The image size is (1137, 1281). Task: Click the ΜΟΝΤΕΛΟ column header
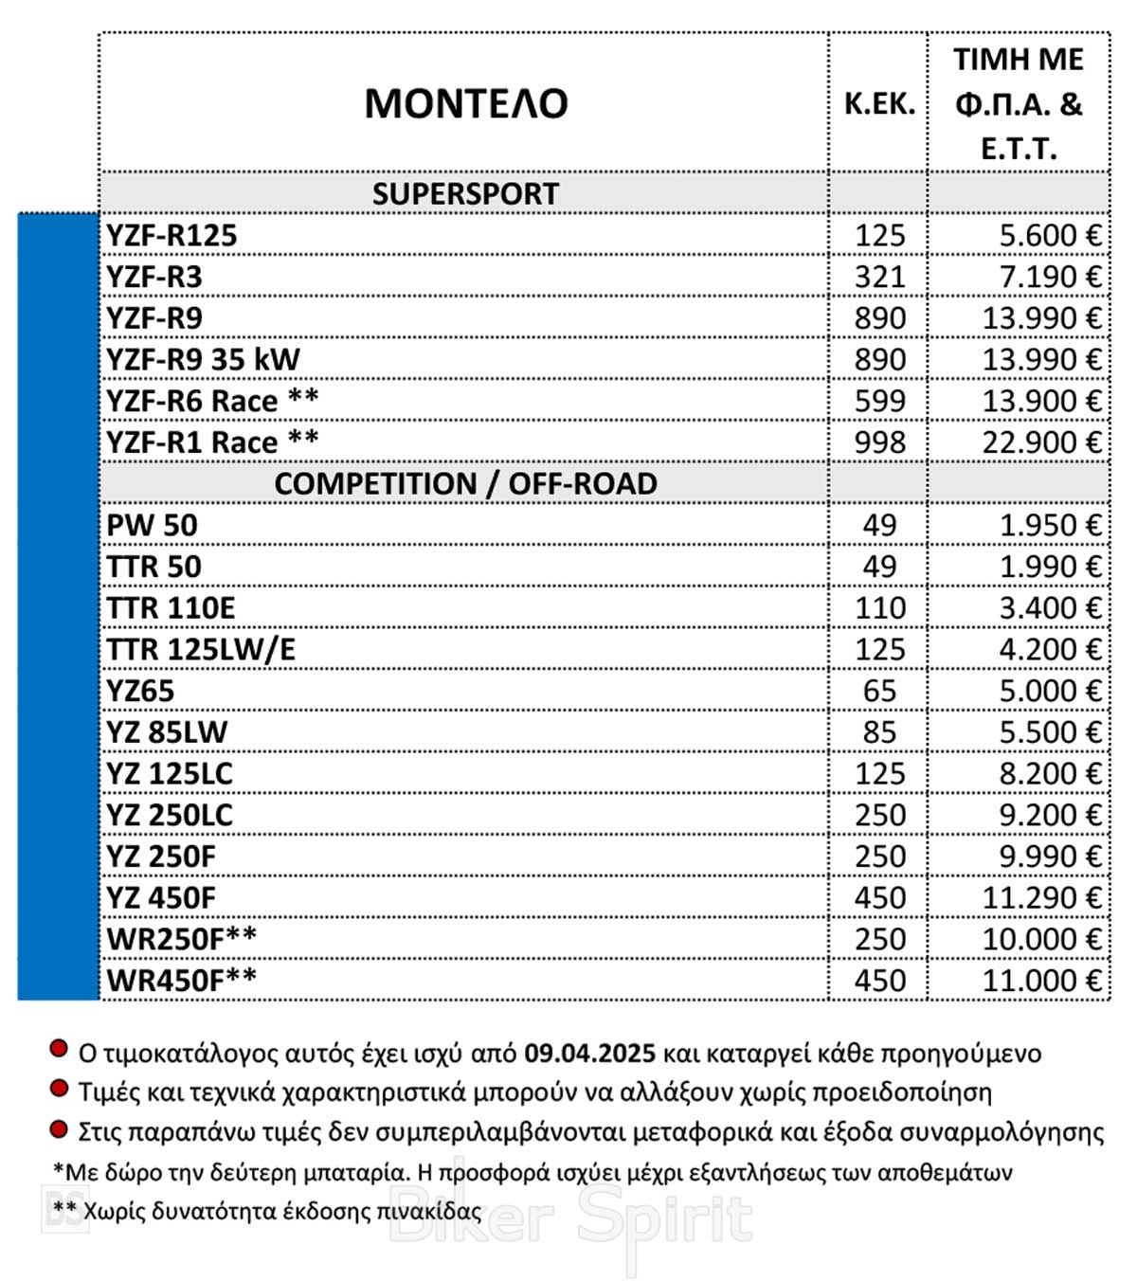(x=465, y=103)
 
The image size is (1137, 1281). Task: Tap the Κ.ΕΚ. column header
(x=879, y=103)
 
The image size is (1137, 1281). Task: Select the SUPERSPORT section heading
(x=464, y=193)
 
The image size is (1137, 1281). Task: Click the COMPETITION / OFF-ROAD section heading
(x=464, y=483)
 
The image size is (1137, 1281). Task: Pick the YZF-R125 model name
(x=171, y=235)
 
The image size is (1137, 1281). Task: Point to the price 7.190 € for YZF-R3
(x=1041, y=277)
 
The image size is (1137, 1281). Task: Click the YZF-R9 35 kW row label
(x=203, y=359)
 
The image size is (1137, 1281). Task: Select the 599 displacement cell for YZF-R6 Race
(x=879, y=401)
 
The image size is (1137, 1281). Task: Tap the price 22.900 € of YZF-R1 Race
(x=1041, y=442)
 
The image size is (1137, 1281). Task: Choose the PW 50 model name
(x=152, y=525)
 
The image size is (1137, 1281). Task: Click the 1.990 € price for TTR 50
(x=1050, y=567)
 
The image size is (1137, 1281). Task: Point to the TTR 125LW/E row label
(x=201, y=649)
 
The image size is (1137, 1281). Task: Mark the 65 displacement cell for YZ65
(x=879, y=691)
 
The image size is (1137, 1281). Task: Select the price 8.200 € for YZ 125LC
(x=1050, y=773)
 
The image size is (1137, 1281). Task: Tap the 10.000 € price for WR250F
(x=1041, y=939)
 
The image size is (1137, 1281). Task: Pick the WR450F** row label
(x=181, y=980)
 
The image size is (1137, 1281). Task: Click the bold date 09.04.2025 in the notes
(x=589, y=1054)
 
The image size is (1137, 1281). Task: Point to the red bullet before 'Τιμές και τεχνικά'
(x=59, y=1089)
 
